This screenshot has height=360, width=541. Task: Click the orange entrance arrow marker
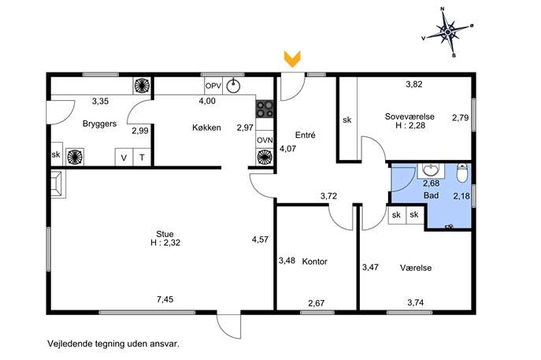(x=292, y=58)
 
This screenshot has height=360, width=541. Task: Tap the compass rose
(x=447, y=32)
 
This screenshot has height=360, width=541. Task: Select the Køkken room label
(x=206, y=128)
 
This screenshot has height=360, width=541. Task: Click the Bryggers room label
(x=99, y=124)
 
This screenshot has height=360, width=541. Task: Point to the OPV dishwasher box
(x=213, y=86)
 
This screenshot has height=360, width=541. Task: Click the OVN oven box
(x=265, y=140)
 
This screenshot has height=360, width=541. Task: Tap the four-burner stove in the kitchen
(x=265, y=109)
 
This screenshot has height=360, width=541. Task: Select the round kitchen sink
(x=234, y=86)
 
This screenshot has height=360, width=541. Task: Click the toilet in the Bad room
(x=461, y=173)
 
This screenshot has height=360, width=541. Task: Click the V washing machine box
(x=124, y=158)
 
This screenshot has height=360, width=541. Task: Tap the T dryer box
(x=142, y=158)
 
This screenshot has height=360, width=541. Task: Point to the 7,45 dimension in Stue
(x=165, y=299)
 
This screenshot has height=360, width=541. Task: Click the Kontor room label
(x=315, y=262)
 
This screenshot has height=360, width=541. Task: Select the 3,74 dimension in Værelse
(x=416, y=302)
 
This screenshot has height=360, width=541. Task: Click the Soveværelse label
(x=409, y=117)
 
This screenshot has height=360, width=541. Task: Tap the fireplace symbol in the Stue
(x=58, y=184)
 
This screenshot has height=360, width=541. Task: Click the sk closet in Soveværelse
(x=347, y=119)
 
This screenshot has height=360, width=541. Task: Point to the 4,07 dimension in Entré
(x=287, y=149)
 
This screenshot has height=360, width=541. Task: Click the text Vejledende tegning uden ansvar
(x=113, y=343)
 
